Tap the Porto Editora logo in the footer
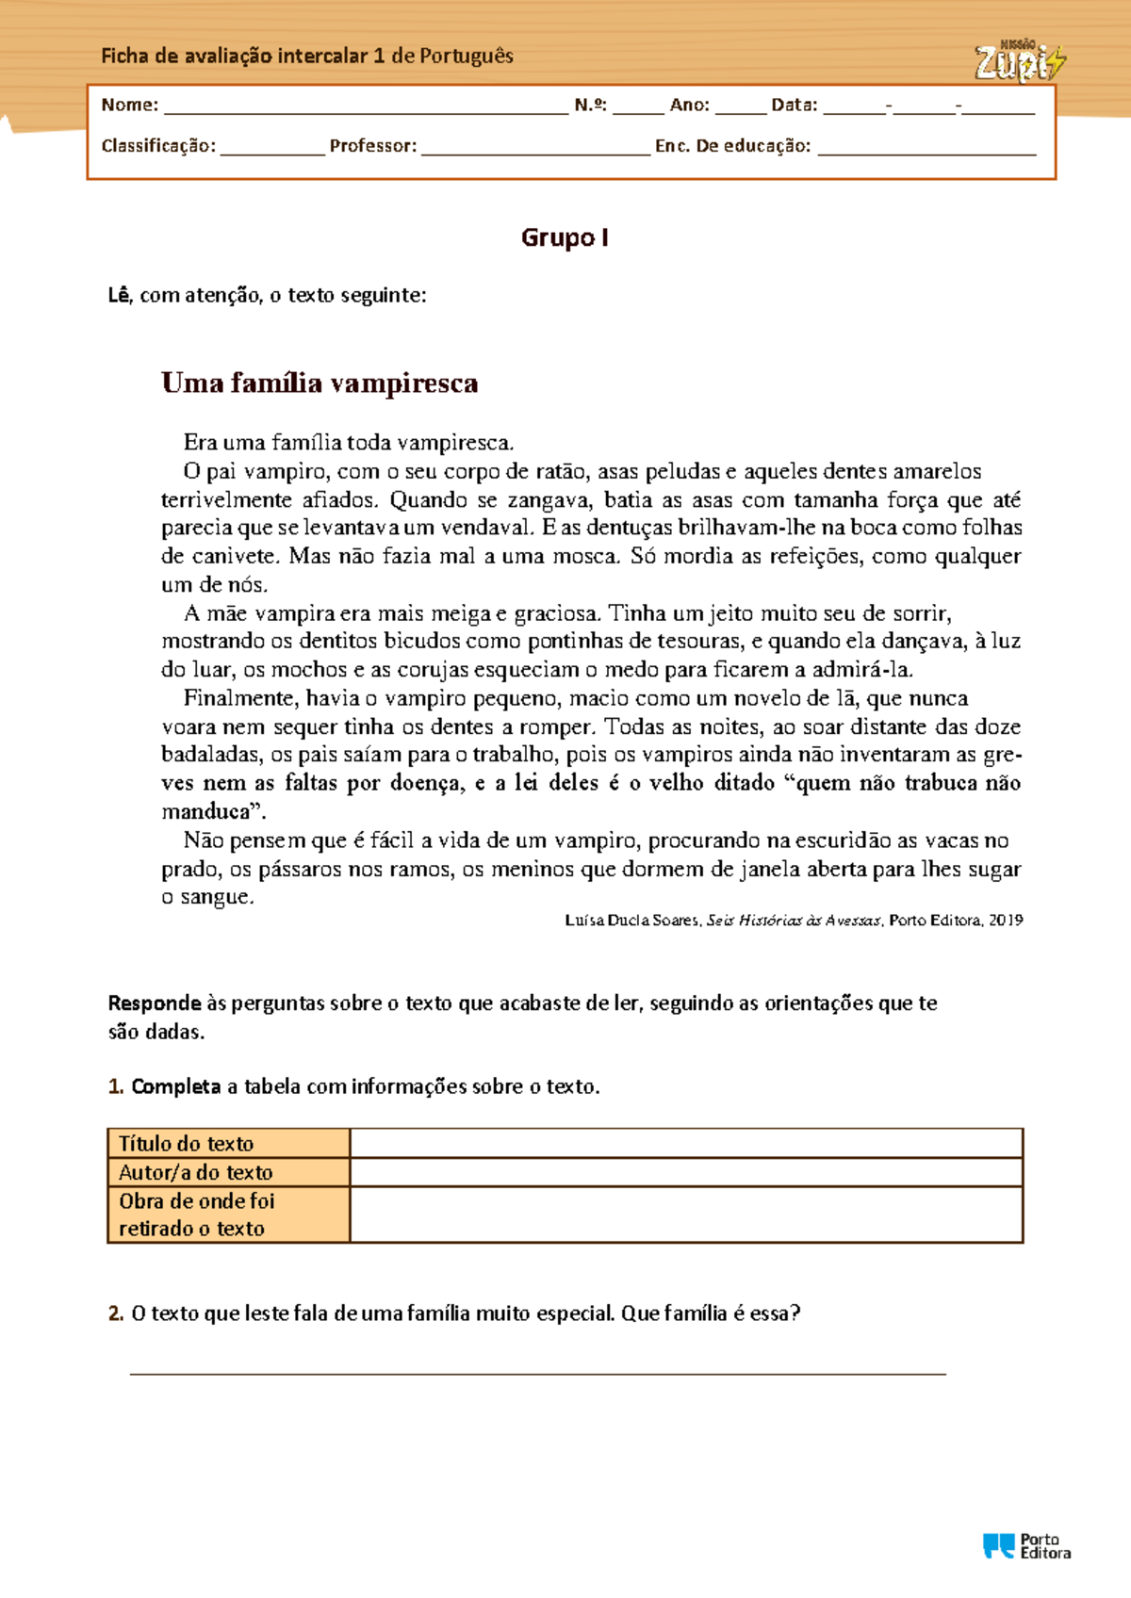[1026, 1546]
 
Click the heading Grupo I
[565, 237]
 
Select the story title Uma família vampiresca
[320, 383]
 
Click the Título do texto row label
[187, 1144]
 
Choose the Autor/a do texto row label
[196, 1172]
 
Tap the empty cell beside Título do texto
[686, 1144]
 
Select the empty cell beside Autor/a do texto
[686, 1172]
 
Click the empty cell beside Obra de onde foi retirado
[686, 1215]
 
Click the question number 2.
[116, 1313]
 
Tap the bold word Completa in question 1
[176, 1086]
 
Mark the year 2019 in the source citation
[1006, 921]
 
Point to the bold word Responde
[155, 1003]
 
